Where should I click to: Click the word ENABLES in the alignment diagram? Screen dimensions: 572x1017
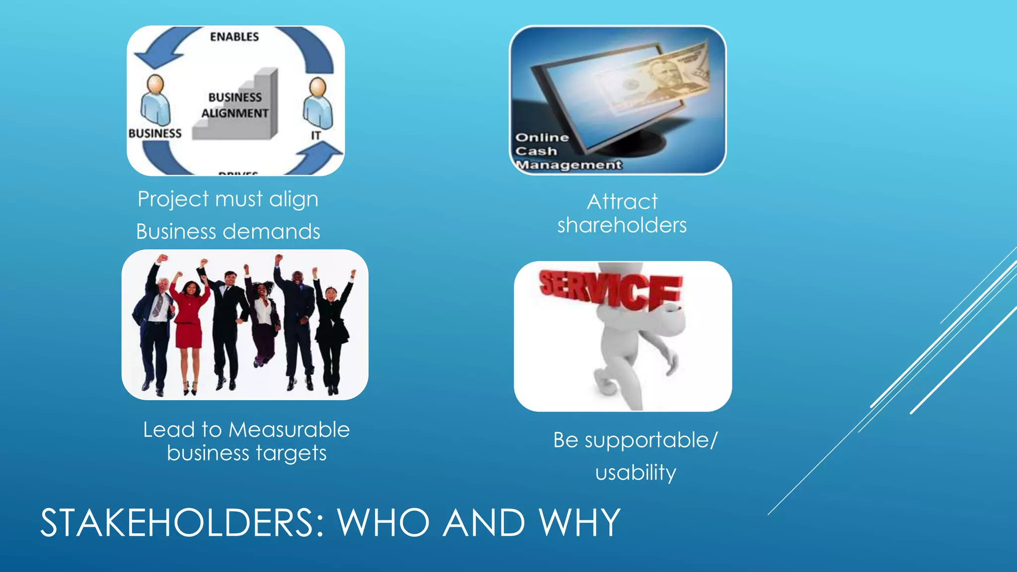click(x=234, y=37)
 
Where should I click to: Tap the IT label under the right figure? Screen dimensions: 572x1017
click(x=316, y=135)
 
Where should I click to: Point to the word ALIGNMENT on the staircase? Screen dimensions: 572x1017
click(x=235, y=113)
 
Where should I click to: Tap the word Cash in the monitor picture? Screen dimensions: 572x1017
click(x=536, y=151)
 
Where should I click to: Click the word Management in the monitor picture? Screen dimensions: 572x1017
click(x=569, y=165)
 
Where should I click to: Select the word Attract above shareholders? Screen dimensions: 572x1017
click(x=622, y=202)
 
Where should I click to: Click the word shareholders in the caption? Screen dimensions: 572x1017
click(x=622, y=225)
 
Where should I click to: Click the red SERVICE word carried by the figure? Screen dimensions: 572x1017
click(x=611, y=290)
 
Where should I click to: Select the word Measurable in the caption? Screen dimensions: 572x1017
click(x=290, y=429)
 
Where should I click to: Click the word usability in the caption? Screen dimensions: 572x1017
click(x=636, y=472)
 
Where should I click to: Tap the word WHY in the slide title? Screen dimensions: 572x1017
click(x=580, y=523)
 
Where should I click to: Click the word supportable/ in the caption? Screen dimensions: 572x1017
click(x=651, y=440)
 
